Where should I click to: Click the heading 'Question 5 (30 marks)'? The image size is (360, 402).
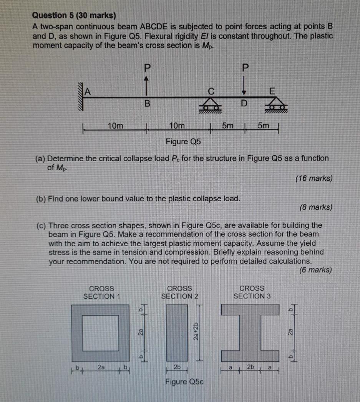click(x=74, y=16)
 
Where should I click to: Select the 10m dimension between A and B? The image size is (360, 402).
click(x=115, y=126)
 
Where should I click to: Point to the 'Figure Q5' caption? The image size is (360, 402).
click(x=183, y=142)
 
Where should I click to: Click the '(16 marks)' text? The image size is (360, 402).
click(x=314, y=179)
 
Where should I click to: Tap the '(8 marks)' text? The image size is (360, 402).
click(x=315, y=207)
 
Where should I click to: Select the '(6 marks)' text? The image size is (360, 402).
click(x=315, y=270)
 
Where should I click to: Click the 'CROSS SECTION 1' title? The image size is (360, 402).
click(x=102, y=292)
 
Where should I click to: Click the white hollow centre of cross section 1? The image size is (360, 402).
click(x=101, y=333)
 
